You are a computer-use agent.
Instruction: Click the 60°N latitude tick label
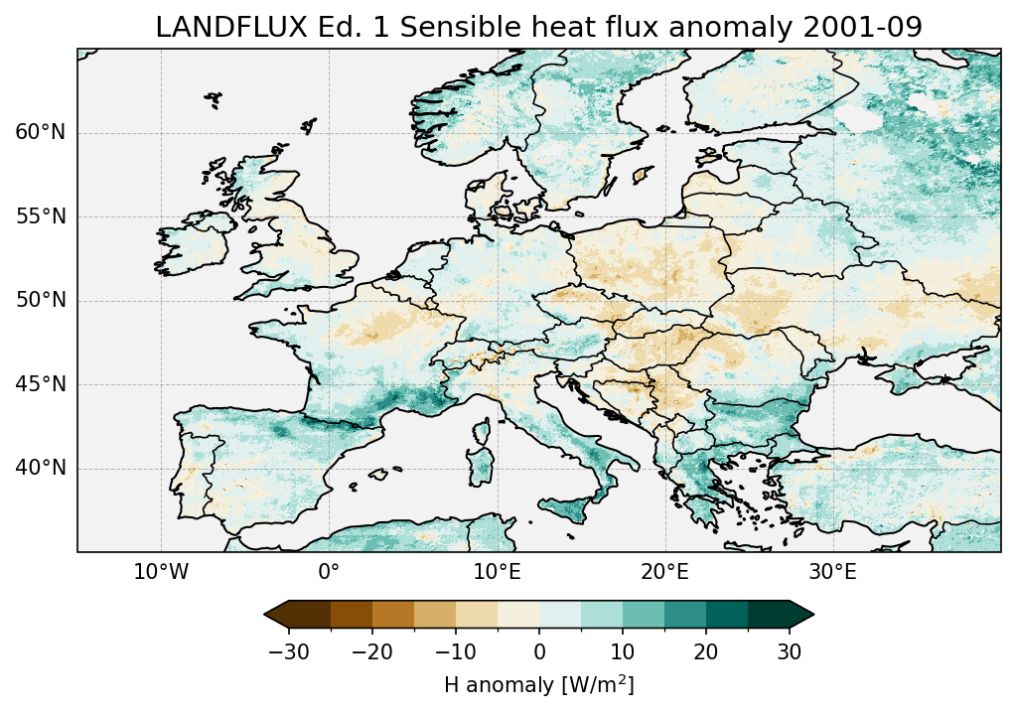coord(41,133)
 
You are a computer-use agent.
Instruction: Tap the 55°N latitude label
coord(41,216)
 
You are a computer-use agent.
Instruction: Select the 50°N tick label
coord(41,301)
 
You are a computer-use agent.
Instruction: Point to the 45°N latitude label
coord(41,384)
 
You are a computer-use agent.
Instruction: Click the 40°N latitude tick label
coord(41,468)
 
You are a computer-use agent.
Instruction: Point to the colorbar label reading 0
coord(539,651)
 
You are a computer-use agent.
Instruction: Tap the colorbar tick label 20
coord(706,651)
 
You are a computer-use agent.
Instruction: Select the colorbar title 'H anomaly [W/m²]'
coord(538,684)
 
